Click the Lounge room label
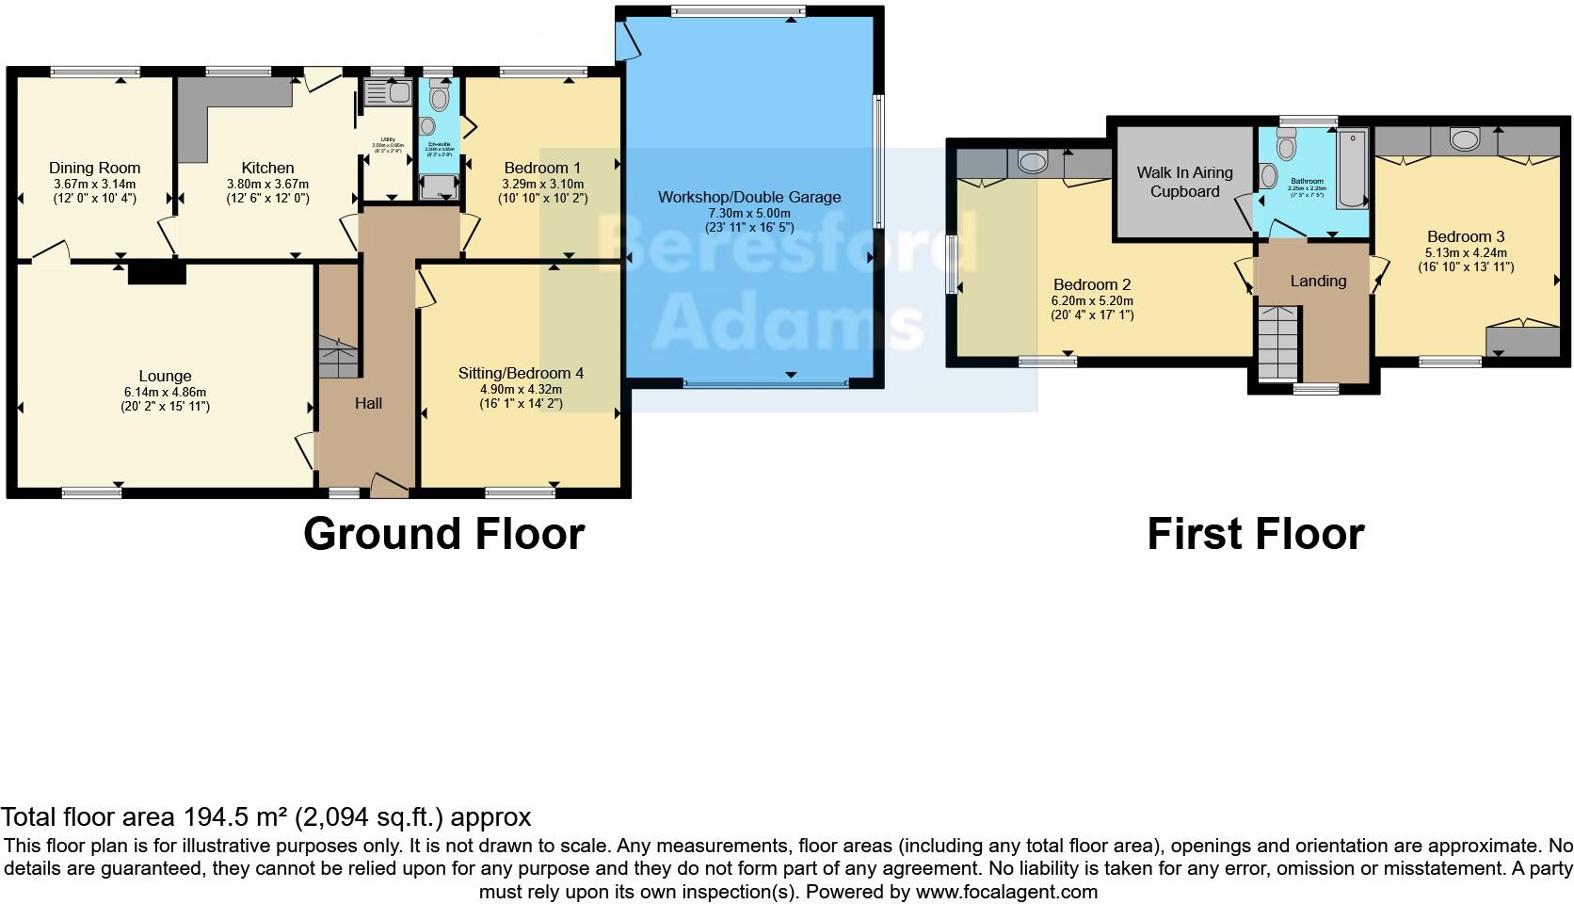[x=165, y=376]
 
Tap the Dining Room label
[x=94, y=168]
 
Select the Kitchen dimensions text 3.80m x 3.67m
[x=267, y=185]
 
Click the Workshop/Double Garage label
[x=749, y=197]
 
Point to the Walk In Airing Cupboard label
[x=1184, y=182]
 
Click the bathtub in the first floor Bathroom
[x=1352, y=168]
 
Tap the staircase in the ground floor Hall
[x=338, y=358]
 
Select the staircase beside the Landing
[x=1277, y=343]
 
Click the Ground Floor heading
[x=443, y=534]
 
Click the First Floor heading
[x=1255, y=534]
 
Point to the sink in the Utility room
[x=387, y=92]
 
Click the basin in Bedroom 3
[x=1463, y=140]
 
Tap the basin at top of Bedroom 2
[x=1033, y=163]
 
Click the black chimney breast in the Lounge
[x=157, y=272]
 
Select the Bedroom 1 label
[x=541, y=168]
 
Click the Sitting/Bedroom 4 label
[x=521, y=373]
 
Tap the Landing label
[x=1318, y=281]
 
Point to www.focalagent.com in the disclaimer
[x=1005, y=891]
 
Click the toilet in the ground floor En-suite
[x=439, y=97]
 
